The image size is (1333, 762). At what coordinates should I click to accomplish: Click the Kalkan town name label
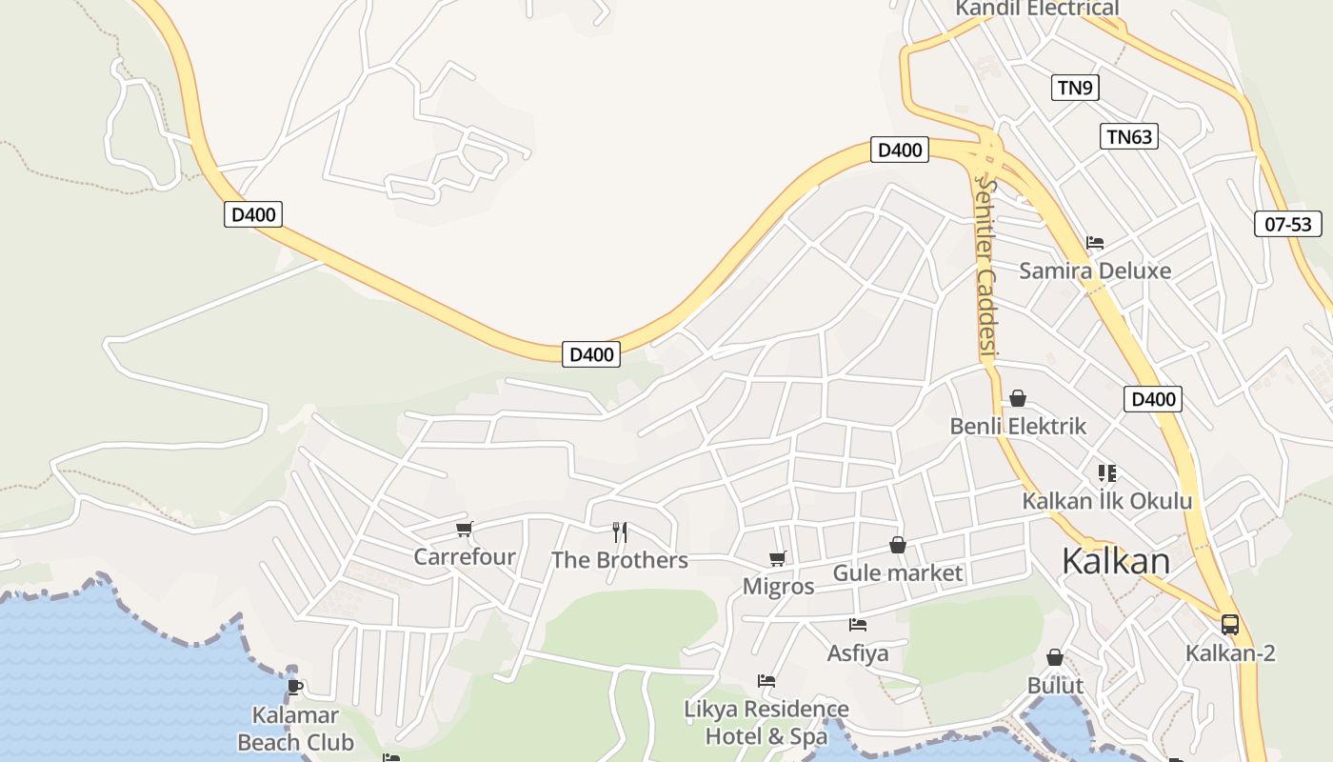click(x=1115, y=561)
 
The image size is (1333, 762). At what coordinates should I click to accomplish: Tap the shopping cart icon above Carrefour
click(x=465, y=529)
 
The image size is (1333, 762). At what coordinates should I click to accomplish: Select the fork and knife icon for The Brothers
click(x=620, y=531)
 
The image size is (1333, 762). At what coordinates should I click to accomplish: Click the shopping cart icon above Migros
click(x=778, y=558)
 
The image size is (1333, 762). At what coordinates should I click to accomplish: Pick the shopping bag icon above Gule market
click(x=897, y=545)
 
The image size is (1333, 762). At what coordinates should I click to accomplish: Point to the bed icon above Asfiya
click(x=858, y=625)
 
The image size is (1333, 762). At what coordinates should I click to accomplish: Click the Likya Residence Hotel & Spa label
click(x=766, y=722)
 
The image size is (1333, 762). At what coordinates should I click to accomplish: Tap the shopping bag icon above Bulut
click(x=1055, y=657)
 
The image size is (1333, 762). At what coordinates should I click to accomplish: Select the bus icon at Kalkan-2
click(x=1230, y=625)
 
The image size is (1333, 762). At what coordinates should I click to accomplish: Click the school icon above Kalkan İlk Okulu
click(x=1106, y=472)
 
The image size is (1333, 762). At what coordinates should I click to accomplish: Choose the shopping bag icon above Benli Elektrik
click(x=1018, y=397)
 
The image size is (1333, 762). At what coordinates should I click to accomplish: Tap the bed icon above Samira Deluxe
click(x=1095, y=243)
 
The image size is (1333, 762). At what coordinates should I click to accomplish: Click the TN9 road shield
click(x=1075, y=88)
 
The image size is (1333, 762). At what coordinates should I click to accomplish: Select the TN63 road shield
click(x=1129, y=136)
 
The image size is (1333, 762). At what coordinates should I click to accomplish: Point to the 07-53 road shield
click(x=1288, y=224)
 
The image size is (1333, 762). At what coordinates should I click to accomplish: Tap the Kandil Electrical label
click(x=1037, y=9)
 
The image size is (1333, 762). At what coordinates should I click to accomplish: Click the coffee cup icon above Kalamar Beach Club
click(x=294, y=686)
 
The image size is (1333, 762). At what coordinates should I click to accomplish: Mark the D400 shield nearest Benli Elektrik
click(x=1152, y=398)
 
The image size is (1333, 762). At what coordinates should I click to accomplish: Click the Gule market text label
click(x=898, y=573)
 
